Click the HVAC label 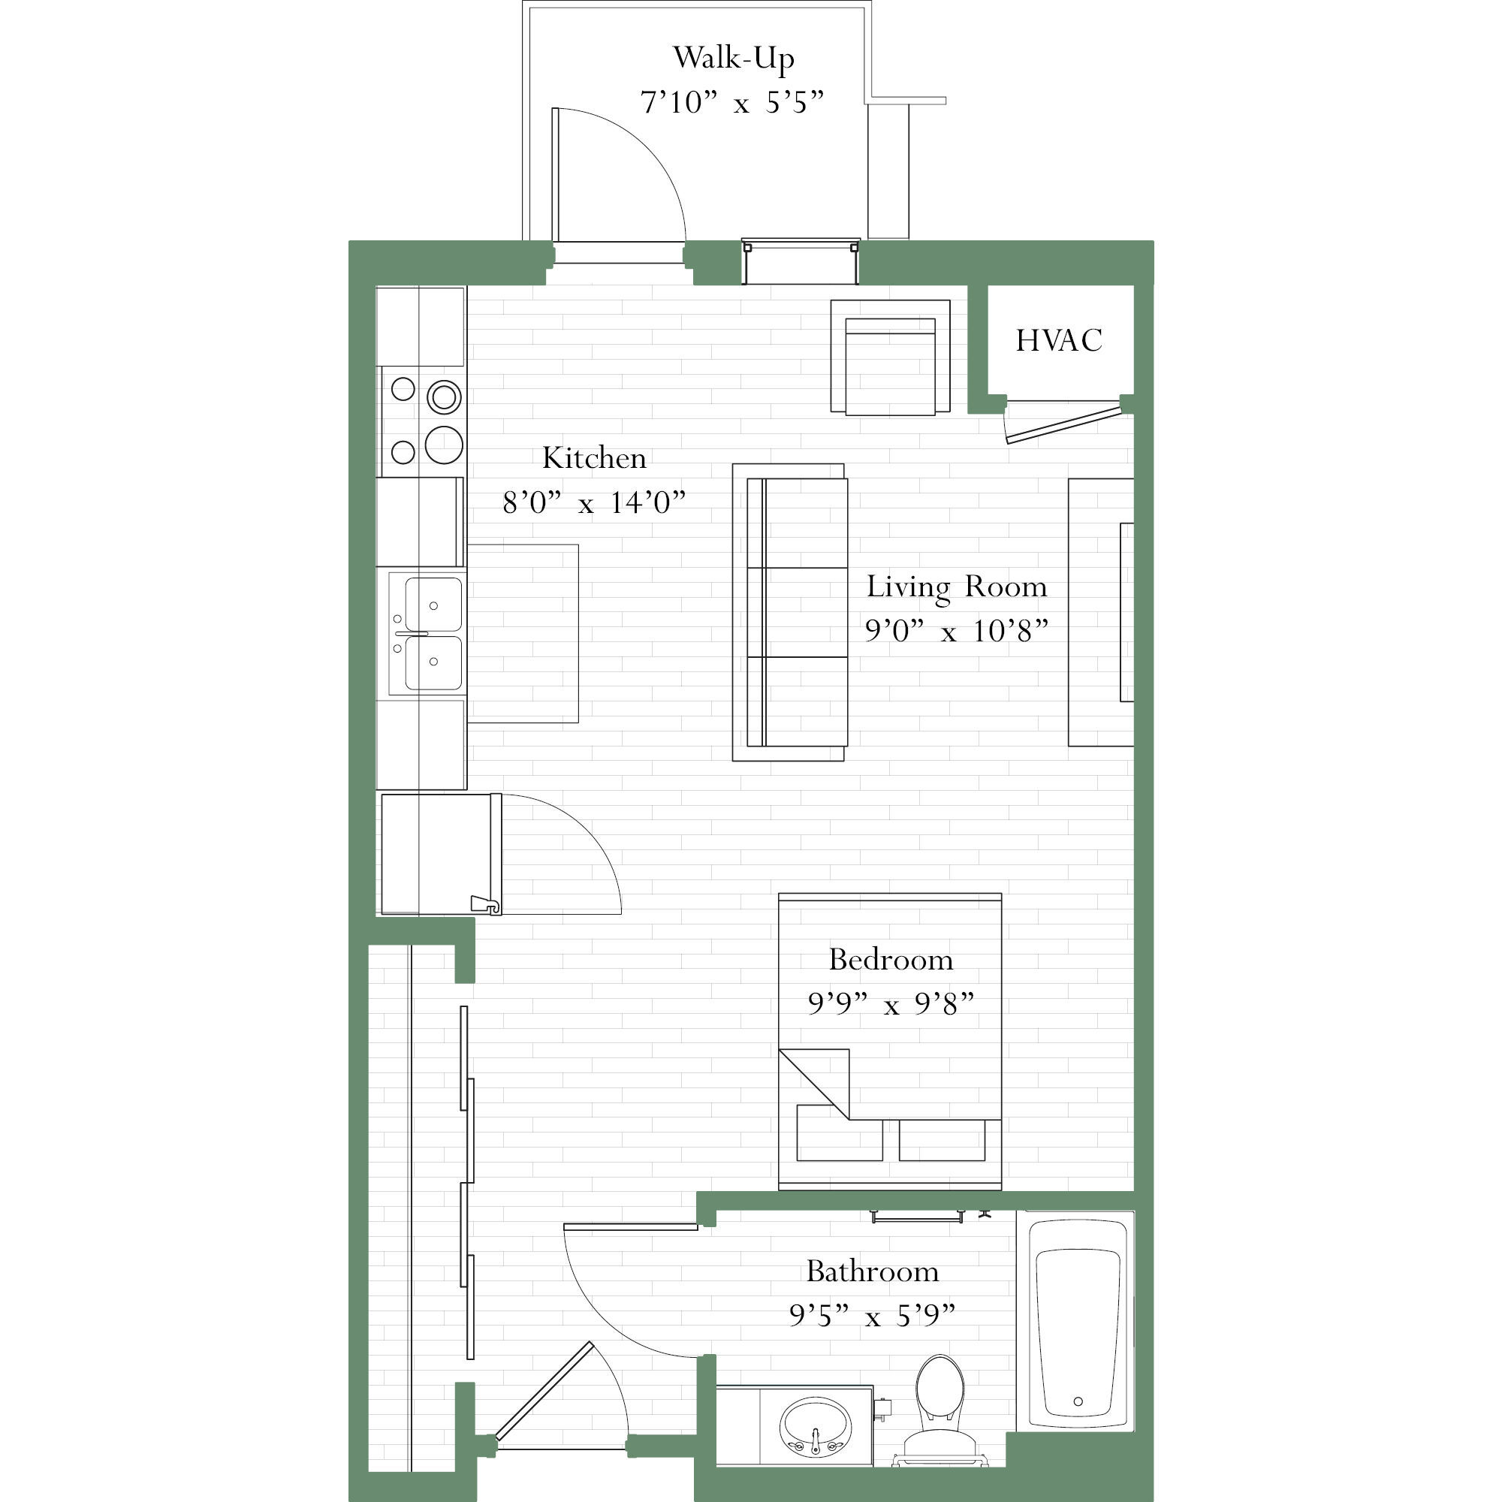point(1059,340)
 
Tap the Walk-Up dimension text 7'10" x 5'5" point(731,103)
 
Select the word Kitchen point(594,458)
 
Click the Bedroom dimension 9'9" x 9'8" point(890,1003)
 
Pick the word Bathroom point(872,1271)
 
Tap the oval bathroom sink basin point(816,1424)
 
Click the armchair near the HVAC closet point(890,357)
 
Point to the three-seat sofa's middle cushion point(805,612)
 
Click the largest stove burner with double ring point(444,397)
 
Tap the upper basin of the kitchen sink point(433,603)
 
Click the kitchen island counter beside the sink point(523,634)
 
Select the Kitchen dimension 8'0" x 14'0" point(594,503)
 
